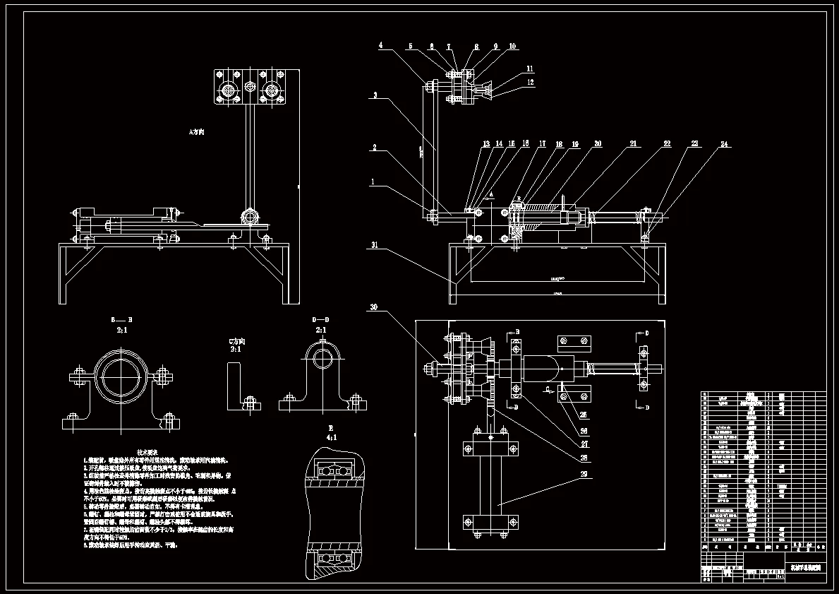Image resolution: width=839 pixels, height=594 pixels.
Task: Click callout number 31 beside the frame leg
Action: (375, 246)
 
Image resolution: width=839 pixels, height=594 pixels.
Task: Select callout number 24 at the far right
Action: (723, 144)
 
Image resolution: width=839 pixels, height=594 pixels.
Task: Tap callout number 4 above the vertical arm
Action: (380, 46)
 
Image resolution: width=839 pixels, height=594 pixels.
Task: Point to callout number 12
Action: (529, 82)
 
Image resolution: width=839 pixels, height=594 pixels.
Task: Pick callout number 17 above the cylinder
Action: (542, 144)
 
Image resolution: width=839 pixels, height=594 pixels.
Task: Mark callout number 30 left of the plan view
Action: (374, 307)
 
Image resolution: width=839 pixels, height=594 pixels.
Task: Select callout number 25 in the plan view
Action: (583, 415)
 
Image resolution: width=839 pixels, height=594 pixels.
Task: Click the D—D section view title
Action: (320, 320)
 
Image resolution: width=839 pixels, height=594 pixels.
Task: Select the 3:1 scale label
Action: (235, 349)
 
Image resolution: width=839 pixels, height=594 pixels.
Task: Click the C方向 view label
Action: (235, 340)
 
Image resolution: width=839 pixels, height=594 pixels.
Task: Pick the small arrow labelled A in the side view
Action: (492, 195)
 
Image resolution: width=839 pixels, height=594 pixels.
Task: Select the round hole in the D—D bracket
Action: (322, 357)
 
